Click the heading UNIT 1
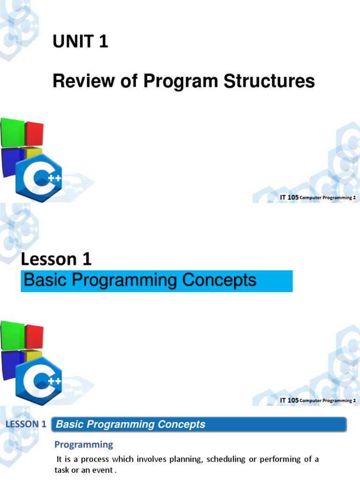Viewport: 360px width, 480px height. [80, 42]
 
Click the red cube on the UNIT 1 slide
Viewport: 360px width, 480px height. [34, 133]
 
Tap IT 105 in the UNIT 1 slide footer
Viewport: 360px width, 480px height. [289, 198]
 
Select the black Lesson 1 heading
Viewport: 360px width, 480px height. [57, 259]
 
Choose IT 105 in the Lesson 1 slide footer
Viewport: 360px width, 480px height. [289, 400]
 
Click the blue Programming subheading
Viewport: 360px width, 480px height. [84, 444]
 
